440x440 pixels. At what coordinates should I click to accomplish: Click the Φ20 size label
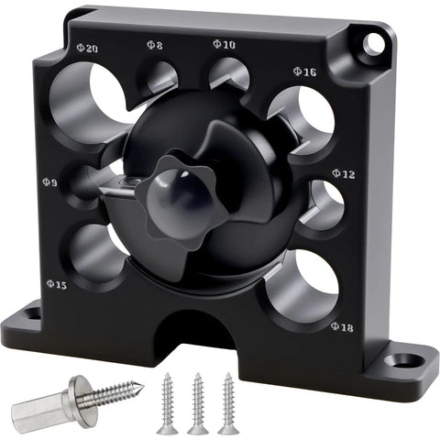click(87, 48)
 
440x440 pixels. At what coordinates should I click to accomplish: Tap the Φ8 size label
click(155, 45)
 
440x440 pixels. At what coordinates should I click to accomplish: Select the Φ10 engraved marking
click(224, 44)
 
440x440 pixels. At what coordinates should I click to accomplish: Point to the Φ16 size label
click(304, 71)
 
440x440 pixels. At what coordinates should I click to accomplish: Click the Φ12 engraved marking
click(344, 174)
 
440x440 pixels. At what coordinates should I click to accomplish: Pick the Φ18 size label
click(342, 327)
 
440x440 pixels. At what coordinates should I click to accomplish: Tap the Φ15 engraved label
click(57, 284)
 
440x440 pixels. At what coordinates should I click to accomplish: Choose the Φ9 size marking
click(49, 182)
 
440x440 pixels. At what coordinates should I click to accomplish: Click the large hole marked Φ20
click(89, 103)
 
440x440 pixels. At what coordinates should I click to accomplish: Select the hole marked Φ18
click(302, 287)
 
